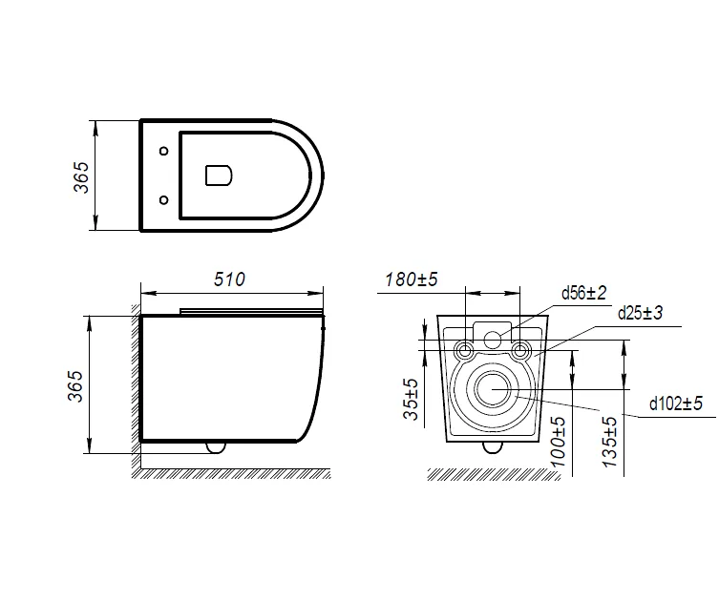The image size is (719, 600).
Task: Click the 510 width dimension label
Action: click(229, 279)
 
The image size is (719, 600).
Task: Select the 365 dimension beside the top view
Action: click(81, 176)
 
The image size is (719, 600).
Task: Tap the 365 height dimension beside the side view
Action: click(76, 386)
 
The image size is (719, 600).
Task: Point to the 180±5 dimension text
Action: click(412, 279)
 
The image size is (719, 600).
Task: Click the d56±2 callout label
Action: click(583, 292)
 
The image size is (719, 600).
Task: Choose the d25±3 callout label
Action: click(640, 313)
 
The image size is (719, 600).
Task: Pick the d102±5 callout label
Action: click(676, 403)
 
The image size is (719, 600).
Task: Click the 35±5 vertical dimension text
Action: click(411, 399)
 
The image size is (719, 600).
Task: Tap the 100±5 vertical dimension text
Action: click(557, 442)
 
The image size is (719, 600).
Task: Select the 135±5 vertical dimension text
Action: click(610, 442)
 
